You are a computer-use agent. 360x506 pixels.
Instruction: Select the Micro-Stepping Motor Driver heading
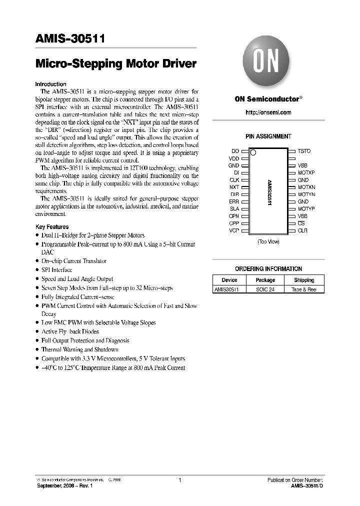point(116,64)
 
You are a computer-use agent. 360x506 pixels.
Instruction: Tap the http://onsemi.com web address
point(268,112)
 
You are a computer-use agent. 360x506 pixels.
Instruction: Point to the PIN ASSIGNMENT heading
point(268,136)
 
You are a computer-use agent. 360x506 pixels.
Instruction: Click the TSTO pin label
point(304,151)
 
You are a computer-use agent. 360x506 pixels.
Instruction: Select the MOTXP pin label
point(306,172)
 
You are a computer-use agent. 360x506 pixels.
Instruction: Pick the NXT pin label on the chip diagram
point(234,187)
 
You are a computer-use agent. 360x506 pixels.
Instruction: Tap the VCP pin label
point(234,230)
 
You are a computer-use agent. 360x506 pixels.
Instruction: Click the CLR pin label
point(302,230)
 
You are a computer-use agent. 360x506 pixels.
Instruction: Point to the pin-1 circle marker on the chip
point(253,152)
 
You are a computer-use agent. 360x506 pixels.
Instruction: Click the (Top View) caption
point(268,241)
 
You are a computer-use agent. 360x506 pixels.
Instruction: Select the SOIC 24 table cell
point(265,289)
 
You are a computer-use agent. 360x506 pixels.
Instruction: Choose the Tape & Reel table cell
point(304,289)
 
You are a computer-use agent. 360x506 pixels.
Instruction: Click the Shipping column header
point(304,280)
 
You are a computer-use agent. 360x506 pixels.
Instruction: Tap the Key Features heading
point(52,226)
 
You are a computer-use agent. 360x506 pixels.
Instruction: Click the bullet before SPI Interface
point(37,270)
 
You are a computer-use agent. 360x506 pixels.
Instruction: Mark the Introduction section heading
point(50,84)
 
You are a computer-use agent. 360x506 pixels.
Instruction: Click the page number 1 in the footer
point(179,480)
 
